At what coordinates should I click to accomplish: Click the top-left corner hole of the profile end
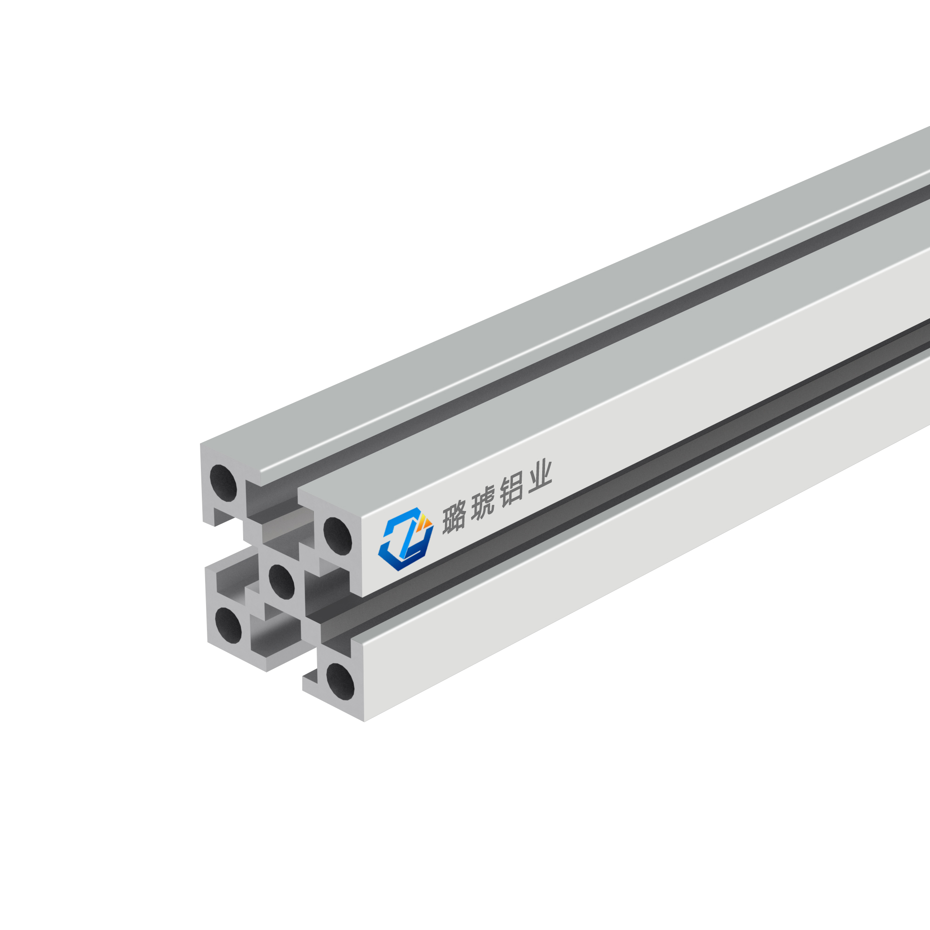223,483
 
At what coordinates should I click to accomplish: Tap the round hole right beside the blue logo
338,536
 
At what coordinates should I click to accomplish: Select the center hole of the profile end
281,582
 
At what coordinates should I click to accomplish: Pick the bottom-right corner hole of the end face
340,681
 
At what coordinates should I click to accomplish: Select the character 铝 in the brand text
511,492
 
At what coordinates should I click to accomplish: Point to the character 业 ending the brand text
539,478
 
